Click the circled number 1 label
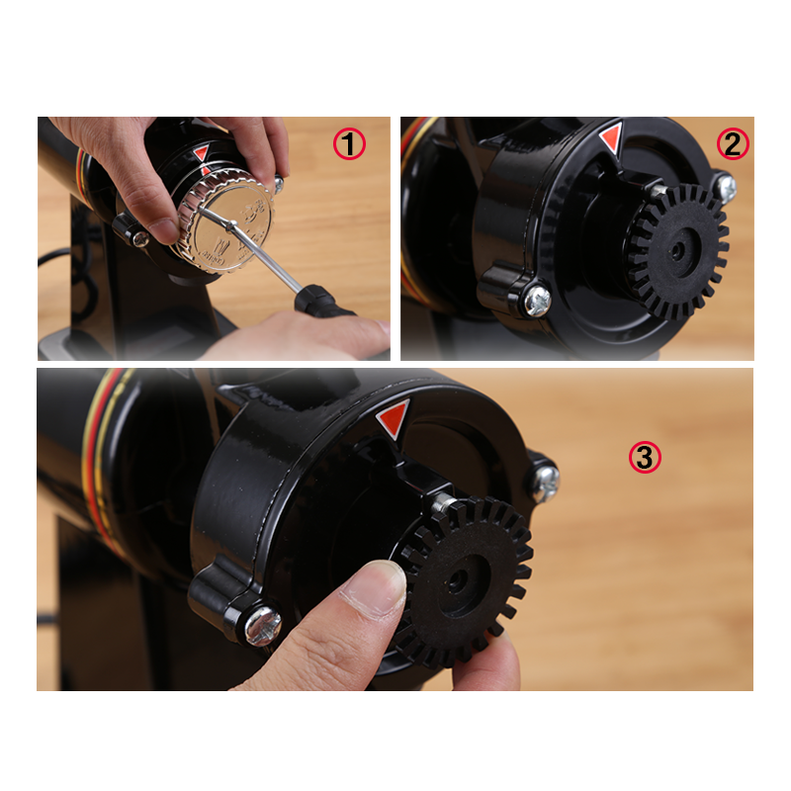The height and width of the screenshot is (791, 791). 349,144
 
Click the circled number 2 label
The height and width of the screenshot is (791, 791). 733,144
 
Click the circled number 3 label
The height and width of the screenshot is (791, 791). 645,458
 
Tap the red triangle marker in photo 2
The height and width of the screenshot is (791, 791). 611,137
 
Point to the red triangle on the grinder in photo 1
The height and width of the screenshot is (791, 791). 202,153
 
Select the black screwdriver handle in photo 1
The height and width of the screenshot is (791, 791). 322,302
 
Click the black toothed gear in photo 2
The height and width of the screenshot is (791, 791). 678,251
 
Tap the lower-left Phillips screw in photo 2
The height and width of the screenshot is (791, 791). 538,302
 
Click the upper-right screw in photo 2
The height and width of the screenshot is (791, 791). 726,188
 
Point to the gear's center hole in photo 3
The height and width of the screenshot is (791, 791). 456,580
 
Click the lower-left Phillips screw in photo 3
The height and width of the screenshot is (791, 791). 263,626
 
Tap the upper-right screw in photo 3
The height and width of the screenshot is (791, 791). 546,483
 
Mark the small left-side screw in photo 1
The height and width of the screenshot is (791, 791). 139,238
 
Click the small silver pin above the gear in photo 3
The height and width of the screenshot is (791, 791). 444,501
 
